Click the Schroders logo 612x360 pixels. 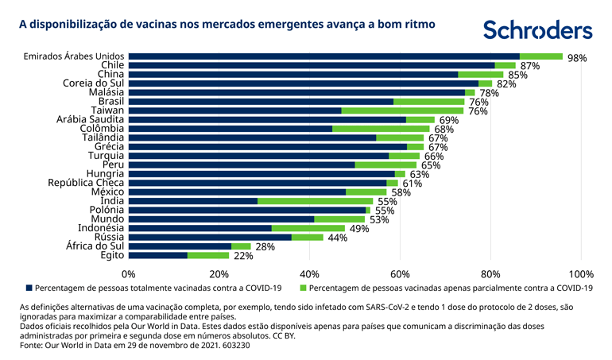click(538, 29)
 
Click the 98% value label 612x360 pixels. click(577, 58)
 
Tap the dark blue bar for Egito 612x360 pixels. click(157, 256)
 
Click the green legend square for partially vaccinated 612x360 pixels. click(304, 288)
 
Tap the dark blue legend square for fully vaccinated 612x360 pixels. click(29, 288)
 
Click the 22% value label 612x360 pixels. click(243, 257)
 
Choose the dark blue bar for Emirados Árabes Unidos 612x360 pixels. click(323, 56)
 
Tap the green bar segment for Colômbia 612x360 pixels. click(381, 129)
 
